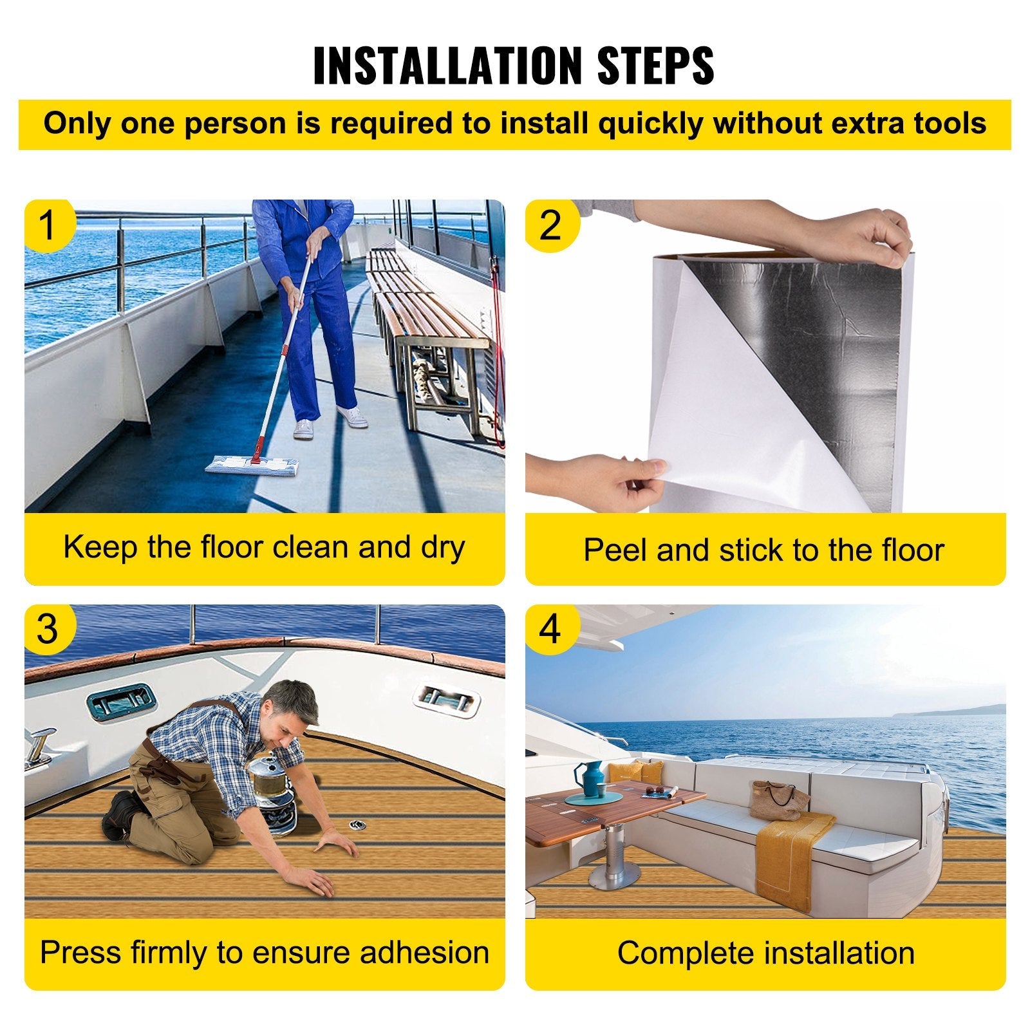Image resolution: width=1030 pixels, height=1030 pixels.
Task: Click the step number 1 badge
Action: (x=49, y=225)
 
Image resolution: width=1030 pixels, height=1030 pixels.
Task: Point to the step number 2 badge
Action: (x=551, y=225)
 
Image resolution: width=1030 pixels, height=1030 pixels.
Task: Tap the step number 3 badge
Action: (x=49, y=629)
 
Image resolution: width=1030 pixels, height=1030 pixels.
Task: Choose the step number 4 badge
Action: (x=551, y=629)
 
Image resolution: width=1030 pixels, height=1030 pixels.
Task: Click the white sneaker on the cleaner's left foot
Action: (x=351, y=416)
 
